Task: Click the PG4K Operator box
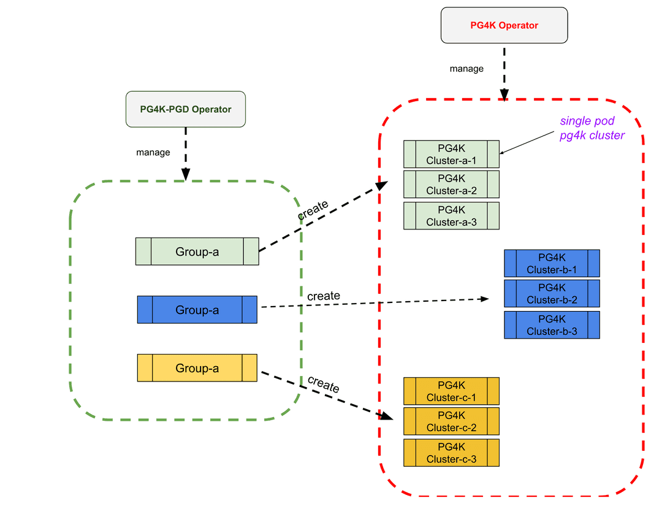click(504, 25)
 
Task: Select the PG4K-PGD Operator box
click(186, 109)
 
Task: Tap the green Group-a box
click(197, 251)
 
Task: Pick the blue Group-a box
click(197, 310)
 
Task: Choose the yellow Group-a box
click(197, 368)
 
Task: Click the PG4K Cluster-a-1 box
click(451, 154)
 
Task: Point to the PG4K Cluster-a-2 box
click(451, 185)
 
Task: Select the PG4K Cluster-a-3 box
click(451, 216)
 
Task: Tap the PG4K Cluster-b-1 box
click(552, 263)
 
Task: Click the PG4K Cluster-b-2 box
click(552, 294)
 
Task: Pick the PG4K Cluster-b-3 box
click(552, 325)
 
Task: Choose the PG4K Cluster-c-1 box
click(451, 391)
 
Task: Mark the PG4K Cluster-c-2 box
click(451, 421)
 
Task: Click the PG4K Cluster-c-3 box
click(451, 453)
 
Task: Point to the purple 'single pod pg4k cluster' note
click(592, 128)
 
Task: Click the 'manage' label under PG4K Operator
click(466, 69)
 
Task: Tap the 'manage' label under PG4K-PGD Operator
click(153, 152)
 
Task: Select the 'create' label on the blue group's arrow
click(323, 296)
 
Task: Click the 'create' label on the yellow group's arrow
click(323, 385)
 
